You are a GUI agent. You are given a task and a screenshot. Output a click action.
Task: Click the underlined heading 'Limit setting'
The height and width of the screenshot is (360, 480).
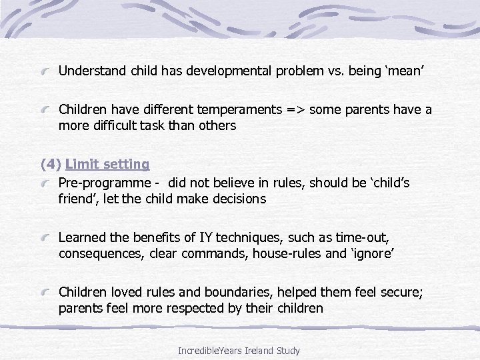tap(107, 164)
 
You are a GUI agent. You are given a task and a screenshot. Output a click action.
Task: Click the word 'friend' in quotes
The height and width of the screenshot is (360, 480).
tap(77, 199)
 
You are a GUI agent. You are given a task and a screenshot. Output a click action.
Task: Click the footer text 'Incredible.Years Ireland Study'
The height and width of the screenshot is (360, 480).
tap(239, 350)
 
